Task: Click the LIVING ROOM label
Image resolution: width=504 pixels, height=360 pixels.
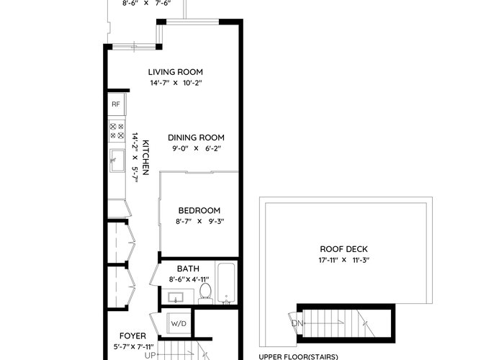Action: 175,72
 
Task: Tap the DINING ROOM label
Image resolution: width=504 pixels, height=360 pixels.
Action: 196,138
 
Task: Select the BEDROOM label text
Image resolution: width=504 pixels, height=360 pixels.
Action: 199,210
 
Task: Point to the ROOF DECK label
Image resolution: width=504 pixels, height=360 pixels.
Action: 343,249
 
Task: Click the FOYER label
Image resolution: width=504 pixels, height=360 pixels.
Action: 132,336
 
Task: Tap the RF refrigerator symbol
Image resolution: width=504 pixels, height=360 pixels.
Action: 117,104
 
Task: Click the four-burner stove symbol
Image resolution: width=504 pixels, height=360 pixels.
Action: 117,131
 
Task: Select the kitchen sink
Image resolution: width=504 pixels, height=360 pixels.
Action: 117,161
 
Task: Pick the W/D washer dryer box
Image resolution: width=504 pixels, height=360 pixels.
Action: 179,324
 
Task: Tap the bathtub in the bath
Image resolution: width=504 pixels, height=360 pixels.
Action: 226,283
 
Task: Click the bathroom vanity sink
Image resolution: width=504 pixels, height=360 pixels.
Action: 176,297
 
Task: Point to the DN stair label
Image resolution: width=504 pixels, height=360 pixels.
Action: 297,323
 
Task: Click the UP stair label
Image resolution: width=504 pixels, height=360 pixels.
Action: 150,356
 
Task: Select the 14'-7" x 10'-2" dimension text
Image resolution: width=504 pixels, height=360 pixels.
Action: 176,83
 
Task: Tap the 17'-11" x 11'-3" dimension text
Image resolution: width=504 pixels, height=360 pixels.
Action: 344,260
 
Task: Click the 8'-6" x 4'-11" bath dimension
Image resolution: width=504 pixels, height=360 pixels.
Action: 189,279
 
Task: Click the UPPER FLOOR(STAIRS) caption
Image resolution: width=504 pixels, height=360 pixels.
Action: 298,357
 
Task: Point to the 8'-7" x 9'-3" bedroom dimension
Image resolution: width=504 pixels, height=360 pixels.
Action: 199,222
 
